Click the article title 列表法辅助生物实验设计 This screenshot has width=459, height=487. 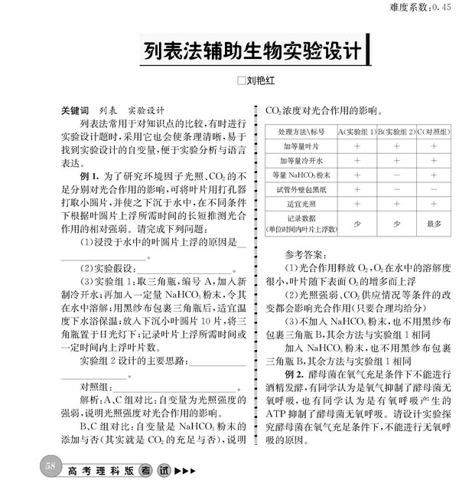pyautogui.click(x=252, y=51)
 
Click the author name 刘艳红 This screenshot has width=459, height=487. pyautogui.click(x=260, y=78)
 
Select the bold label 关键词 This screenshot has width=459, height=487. pyautogui.click(x=75, y=109)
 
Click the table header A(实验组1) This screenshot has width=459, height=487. pyautogui.click(x=357, y=131)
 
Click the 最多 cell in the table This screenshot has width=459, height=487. pyautogui.click(x=434, y=224)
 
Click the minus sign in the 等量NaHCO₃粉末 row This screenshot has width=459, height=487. pyautogui.click(x=396, y=175)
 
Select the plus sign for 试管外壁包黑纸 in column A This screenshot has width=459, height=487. pyautogui.click(x=357, y=189)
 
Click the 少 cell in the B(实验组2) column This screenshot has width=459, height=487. pyautogui.click(x=396, y=224)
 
